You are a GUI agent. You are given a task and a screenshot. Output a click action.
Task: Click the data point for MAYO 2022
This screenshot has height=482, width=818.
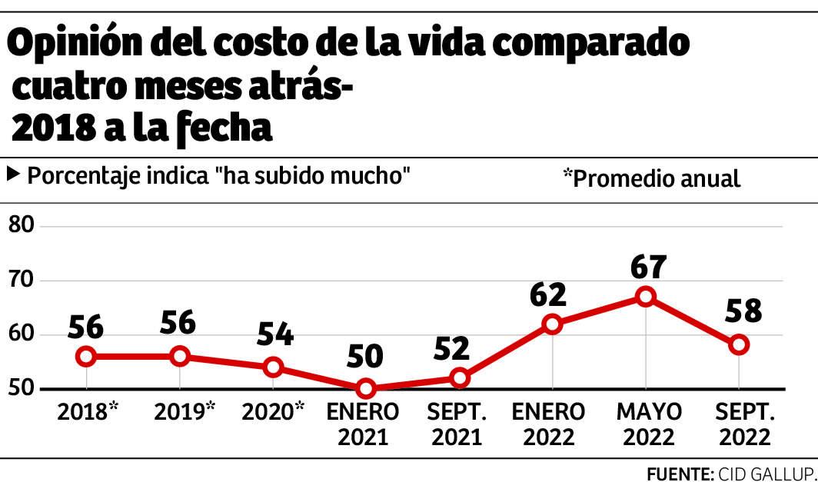coord(646,297)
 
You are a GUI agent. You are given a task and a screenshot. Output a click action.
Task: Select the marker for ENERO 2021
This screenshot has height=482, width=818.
coord(366,389)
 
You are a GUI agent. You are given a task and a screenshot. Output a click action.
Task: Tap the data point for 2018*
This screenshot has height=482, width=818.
coord(86,356)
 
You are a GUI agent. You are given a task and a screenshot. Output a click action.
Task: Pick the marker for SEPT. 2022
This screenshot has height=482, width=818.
coord(739,344)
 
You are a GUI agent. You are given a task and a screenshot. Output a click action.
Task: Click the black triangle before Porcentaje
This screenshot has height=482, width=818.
coord(13,174)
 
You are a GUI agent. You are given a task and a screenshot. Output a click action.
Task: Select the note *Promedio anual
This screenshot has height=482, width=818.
coord(651,178)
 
